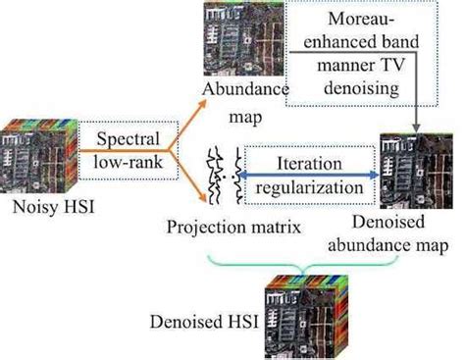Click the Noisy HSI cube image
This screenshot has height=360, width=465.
37,148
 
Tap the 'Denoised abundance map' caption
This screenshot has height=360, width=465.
402,233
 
